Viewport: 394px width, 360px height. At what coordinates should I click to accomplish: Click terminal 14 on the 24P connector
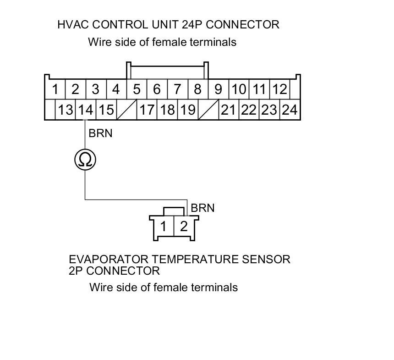(x=86, y=110)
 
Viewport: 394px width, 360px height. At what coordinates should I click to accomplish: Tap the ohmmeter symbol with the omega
(x=85, y=160)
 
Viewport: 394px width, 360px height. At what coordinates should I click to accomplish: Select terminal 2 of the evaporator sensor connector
(x=184, y=226)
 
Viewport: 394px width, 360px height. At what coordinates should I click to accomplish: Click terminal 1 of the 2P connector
(x=164, y=226)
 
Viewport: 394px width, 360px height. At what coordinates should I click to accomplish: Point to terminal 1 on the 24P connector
(x=55, y=89)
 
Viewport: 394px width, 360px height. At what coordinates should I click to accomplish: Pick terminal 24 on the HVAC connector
(x=289, y=110)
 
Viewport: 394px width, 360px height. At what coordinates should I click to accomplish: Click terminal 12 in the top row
(x=279, y=89)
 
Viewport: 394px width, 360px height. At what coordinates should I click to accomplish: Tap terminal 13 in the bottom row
(x=66, y=110)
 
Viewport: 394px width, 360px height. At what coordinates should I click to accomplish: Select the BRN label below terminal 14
(x=100, y=133)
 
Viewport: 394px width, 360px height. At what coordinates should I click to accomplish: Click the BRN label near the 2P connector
(x=202, y=208)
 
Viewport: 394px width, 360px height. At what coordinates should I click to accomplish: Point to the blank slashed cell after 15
(x=126, y=110)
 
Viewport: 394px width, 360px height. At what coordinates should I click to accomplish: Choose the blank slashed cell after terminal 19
(x=208, y=110)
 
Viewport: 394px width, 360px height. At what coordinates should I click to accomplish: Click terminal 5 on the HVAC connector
(x=137, y=89)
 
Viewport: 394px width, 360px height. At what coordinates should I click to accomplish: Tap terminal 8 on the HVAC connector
(x=197, y=89)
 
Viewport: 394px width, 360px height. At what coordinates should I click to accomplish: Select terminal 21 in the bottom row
(x=229, y=110)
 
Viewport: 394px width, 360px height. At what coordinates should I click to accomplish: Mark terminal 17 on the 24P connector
(x=147, y=110)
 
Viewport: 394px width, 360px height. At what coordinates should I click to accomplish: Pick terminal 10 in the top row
(x=239, y=89)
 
